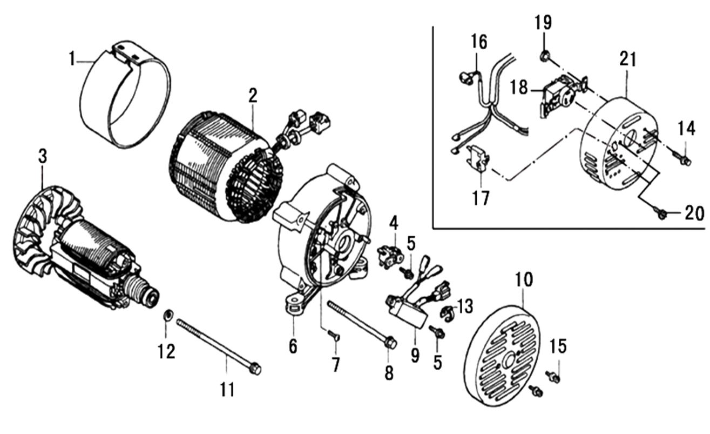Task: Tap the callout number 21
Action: pos(627,60)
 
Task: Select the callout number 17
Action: pos(481,197)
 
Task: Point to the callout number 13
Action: pos(465,306)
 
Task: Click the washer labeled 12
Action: pos(167,315)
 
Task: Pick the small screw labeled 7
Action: pos(332,337)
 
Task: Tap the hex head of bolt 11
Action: pos(255,369)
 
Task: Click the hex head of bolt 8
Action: pos(391,343)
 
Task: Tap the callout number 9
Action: pos(415,356)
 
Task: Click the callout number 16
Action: pos(478,41)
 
